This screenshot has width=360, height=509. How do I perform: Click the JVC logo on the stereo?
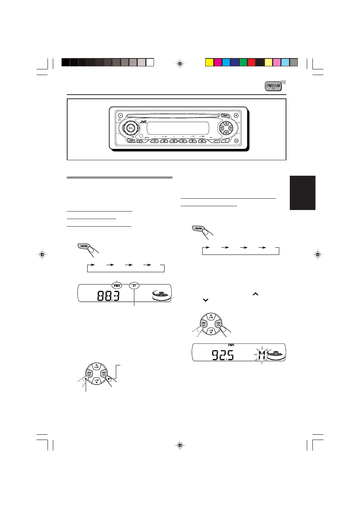[143, 122]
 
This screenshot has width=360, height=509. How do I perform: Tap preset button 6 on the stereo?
[202, 141]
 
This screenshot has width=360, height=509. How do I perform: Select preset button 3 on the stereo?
[173, 141]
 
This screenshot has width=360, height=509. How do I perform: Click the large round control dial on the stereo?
[130, 128]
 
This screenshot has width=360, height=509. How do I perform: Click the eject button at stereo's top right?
[236, 116]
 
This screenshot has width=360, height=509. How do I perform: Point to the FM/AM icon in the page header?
[273, 86]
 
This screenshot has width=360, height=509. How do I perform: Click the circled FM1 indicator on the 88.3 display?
[117, 286]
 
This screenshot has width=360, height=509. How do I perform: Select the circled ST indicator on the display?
[134, 286]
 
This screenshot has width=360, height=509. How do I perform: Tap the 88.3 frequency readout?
[108, 296]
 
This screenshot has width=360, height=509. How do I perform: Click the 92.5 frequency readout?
[223, 355]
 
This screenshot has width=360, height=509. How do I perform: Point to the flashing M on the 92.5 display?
[262, 354]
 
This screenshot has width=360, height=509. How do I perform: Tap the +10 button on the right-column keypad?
[211, 317]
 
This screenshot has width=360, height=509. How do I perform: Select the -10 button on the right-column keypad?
[211, 331]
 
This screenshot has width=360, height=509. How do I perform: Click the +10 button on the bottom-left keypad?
[96, 366]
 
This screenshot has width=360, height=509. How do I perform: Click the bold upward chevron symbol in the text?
[255, 294]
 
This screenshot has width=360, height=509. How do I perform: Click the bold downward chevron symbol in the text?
[206, 300]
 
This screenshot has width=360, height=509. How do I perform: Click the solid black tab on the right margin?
[302, 193]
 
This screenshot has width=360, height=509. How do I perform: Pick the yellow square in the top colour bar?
[209, 62]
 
